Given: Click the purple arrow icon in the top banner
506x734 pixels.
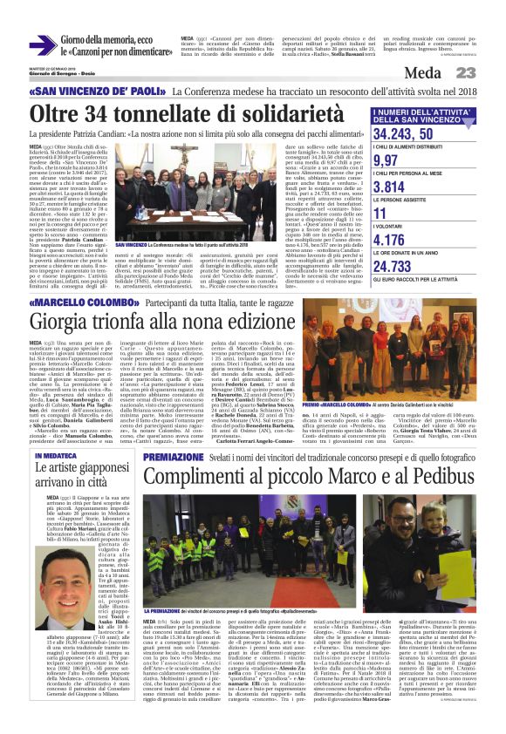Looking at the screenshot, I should click(x=42, y=45).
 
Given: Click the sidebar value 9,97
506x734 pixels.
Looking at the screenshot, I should click(x=386, y=160).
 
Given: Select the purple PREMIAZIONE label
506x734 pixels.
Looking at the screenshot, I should click(x=174, y=455).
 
